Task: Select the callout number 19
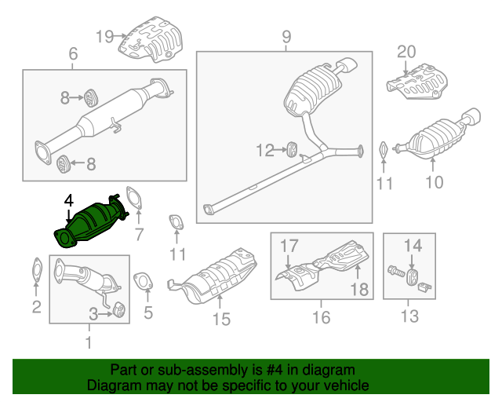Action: tap(105, 35)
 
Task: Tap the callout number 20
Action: tap(406, 52)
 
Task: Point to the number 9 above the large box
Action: tap(286, 36)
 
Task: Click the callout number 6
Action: tap(73, 54)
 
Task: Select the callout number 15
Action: tap(221, 318)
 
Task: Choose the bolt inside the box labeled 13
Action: tap(395, 274)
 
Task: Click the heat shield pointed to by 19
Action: tap(154, 43)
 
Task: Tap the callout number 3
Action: tap(93, 314)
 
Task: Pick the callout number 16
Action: tap(322, 317)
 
